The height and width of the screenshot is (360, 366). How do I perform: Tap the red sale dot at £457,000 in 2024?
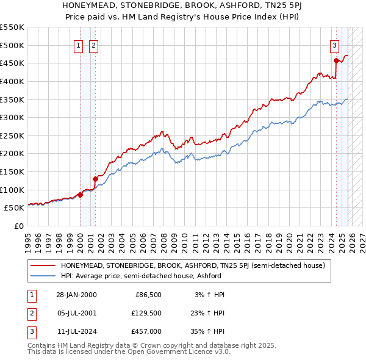click(336, 60)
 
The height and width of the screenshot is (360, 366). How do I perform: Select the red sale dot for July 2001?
click(95, 179)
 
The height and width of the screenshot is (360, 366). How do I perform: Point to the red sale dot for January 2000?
click(80, 195)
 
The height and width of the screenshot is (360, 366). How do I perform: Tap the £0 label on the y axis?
click(18, 226)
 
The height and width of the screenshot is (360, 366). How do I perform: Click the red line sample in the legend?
click(43, 265)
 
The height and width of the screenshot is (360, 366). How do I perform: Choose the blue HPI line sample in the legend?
click(43, 276)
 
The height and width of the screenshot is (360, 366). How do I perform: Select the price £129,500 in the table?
click(146, 313)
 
